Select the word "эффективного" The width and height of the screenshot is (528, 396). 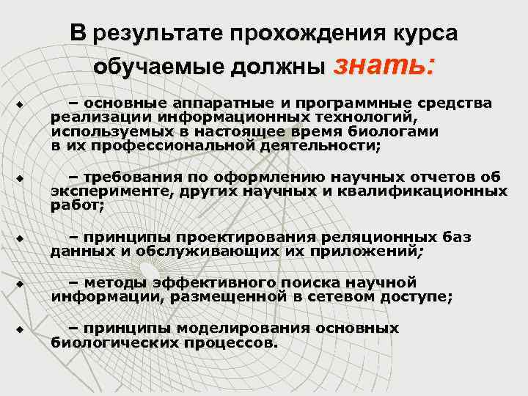pos(193,282)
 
